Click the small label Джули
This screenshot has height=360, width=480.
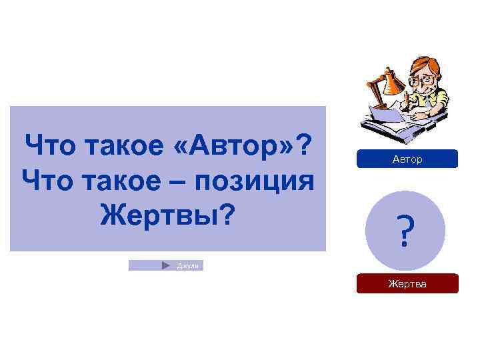coord(187,266)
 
